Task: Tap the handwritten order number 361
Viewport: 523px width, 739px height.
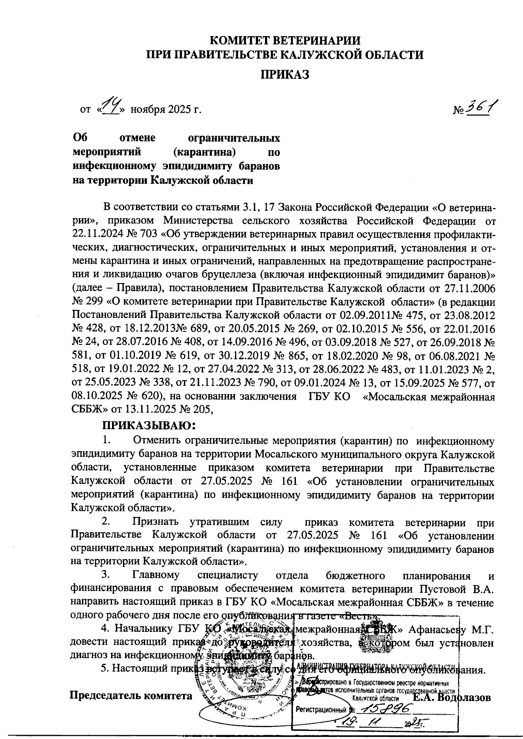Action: coord(481,106)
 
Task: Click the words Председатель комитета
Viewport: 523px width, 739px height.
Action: coord(131,695)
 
